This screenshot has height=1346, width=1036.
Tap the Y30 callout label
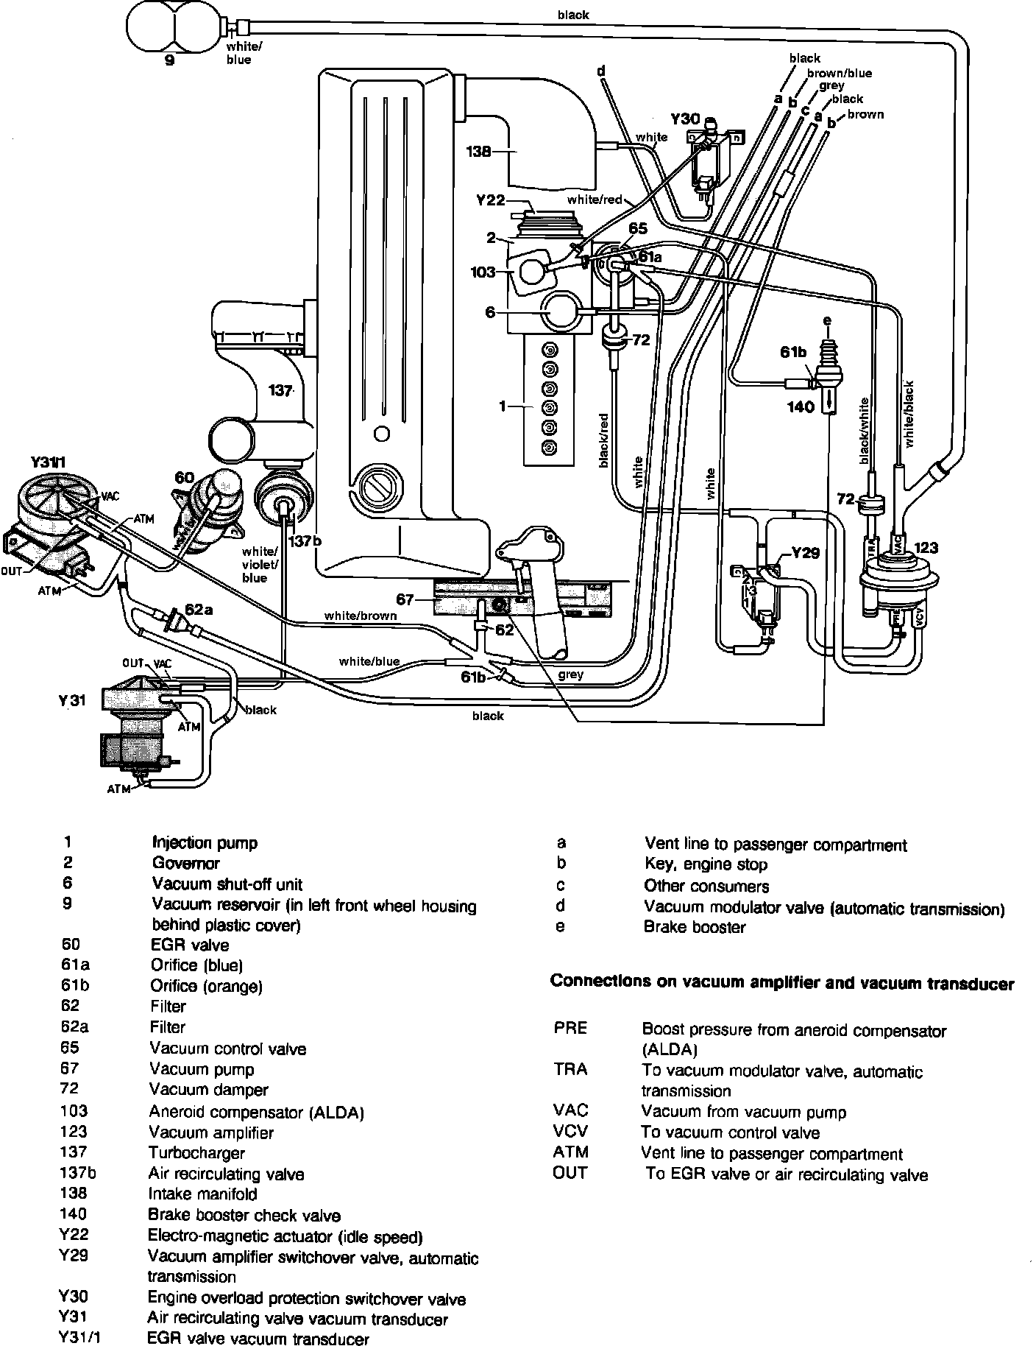click(x=684, y=119)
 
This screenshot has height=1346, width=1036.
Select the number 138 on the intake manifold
click(x=479, y=152)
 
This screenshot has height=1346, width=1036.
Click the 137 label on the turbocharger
click(x=280, y=391)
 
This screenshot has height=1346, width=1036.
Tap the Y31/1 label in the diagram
click(x=49, y=462)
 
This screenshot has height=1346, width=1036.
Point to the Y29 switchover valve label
click(x=805, y=553)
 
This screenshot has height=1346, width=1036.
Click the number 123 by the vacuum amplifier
click(x=926, y=548)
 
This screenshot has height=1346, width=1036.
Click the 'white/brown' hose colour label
click(x=361, y=616)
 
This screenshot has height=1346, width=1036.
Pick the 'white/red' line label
click(x=595, y=200)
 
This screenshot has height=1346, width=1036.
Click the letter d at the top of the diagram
click(x=601, y=71)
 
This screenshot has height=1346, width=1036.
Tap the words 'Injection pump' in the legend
click(x=205, y=842)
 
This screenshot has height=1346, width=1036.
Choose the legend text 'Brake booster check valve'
click(x=244, y=1215)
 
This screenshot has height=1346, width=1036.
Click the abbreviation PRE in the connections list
click(x=570, y=1028)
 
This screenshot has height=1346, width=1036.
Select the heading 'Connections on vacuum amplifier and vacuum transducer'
click(x=782, y=983)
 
